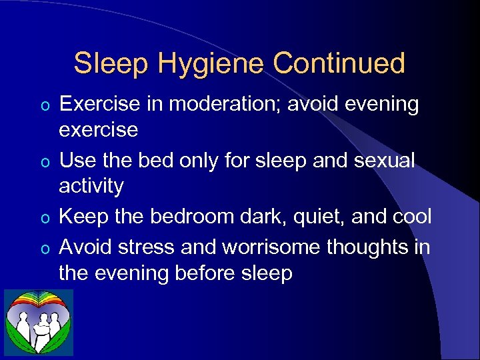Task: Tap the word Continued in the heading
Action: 339,63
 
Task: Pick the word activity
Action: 91,186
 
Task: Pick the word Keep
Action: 83,217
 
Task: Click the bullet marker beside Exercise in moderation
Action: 45,105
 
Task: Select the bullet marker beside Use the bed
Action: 45,162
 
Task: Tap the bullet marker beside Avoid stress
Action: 45,249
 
